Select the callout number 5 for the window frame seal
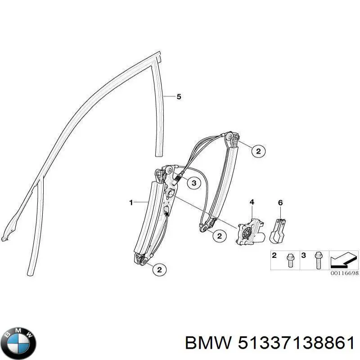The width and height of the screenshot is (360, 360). pyautogui.click(x=179, y=97)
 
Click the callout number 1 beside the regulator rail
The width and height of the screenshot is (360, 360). pyautogui.click(x=131, y=202)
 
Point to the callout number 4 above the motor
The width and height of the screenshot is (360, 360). pyautogui.click(x=252, y=202)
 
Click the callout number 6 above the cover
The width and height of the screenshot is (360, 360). pyautogui.click(x=280, y=203)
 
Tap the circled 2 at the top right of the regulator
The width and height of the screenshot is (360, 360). pyautogui.click(x=258, y=151)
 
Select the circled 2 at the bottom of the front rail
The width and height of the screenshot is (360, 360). pyautogui.click(x=159, y=270)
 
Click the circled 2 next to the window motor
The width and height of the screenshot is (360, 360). pyautogui.click(x=220, y=236)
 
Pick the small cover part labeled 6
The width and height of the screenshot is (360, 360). pyautogui.click(x=278, y=231)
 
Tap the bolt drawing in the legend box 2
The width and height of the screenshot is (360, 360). pyautogui.click(x=289, y=261)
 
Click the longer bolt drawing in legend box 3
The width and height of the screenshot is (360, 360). pyautogui.click(x=318, y=261)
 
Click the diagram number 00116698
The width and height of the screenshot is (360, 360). pyautogui.click(x=344, y=273)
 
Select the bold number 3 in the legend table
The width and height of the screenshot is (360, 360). pyautogui.click(x=303, y=255)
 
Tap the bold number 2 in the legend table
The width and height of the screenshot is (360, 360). pyautogui.click(x=274, y=255)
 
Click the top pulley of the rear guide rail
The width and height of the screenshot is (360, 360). pyautogui.click(x=229, y=137)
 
